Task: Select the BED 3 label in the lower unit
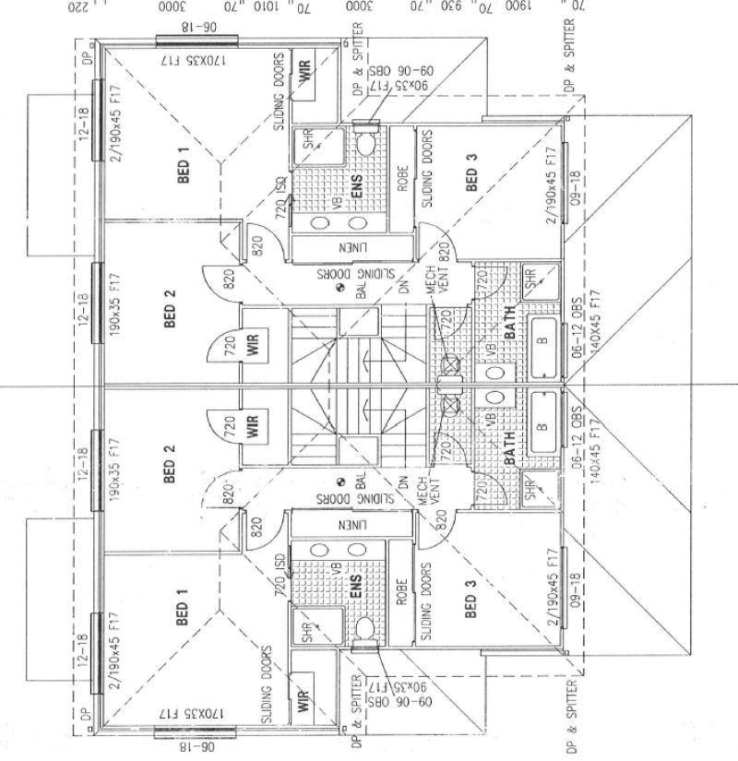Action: click(x=471, y=600)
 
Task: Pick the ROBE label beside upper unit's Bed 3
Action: click(x=402, y=179)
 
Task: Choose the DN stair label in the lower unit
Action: click(x=403, y=482)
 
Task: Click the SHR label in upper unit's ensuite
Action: click(x=310, y=143)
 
